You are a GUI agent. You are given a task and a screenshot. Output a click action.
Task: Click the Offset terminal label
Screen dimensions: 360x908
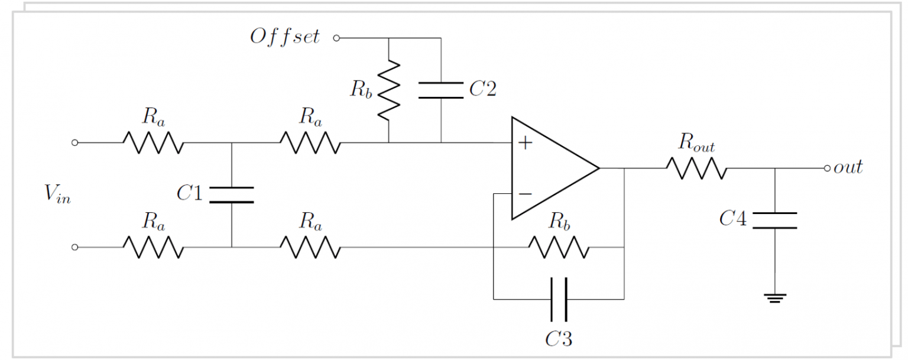(x=285, y=37)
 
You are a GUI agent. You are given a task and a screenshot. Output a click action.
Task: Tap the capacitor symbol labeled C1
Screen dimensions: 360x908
(x=231, y=194)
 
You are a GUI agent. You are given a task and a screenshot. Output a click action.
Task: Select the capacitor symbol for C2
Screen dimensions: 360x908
(x=441, y=90)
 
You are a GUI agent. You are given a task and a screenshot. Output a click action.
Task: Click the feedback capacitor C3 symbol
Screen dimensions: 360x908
(x=558, y=299)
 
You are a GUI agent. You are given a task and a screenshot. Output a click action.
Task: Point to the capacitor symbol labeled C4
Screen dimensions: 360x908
(x=775, y=220)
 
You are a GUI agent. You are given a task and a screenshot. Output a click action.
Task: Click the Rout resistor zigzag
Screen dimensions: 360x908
(x=696, y=168)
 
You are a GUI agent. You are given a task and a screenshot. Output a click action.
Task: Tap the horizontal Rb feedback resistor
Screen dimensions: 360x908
(x=558, y=248)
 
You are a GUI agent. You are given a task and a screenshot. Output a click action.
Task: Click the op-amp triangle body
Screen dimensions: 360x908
(x=550, y=168)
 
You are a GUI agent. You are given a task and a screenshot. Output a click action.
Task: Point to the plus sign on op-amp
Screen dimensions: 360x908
(x=523, y=142)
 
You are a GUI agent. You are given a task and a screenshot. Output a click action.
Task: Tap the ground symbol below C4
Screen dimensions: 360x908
(x=775, y=298)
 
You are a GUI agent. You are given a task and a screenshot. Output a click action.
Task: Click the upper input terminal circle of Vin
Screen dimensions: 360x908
(x=74, y=142)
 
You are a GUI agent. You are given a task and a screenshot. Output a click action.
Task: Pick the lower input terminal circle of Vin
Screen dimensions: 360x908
(x=74, y=248)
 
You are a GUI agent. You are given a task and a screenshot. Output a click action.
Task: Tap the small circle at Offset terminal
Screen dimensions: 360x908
(x=336, y=38)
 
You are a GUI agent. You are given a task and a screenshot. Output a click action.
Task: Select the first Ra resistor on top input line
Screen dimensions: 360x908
(x=153, y=142)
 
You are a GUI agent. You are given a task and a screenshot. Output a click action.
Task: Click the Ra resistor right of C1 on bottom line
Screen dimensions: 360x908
(x=310, y=248)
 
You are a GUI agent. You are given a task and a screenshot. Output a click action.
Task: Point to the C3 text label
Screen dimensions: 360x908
(x=558, y=339)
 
